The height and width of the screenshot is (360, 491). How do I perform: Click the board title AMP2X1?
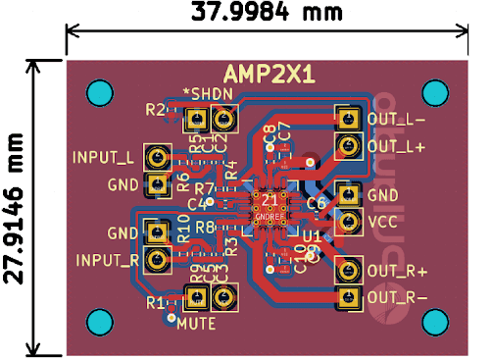click(x=270, y=75)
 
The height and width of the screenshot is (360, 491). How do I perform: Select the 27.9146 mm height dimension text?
click(x=14, y=207)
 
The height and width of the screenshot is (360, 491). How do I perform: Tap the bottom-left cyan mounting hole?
click(x=100, y=322)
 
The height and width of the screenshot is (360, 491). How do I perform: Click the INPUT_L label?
click(x=103, y=157)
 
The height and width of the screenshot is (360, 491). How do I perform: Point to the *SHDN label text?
click(x=208, y=94)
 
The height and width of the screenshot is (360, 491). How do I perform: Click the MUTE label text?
click(x=197, y=322)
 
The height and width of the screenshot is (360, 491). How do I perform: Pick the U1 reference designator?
click(x=312, y=236)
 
